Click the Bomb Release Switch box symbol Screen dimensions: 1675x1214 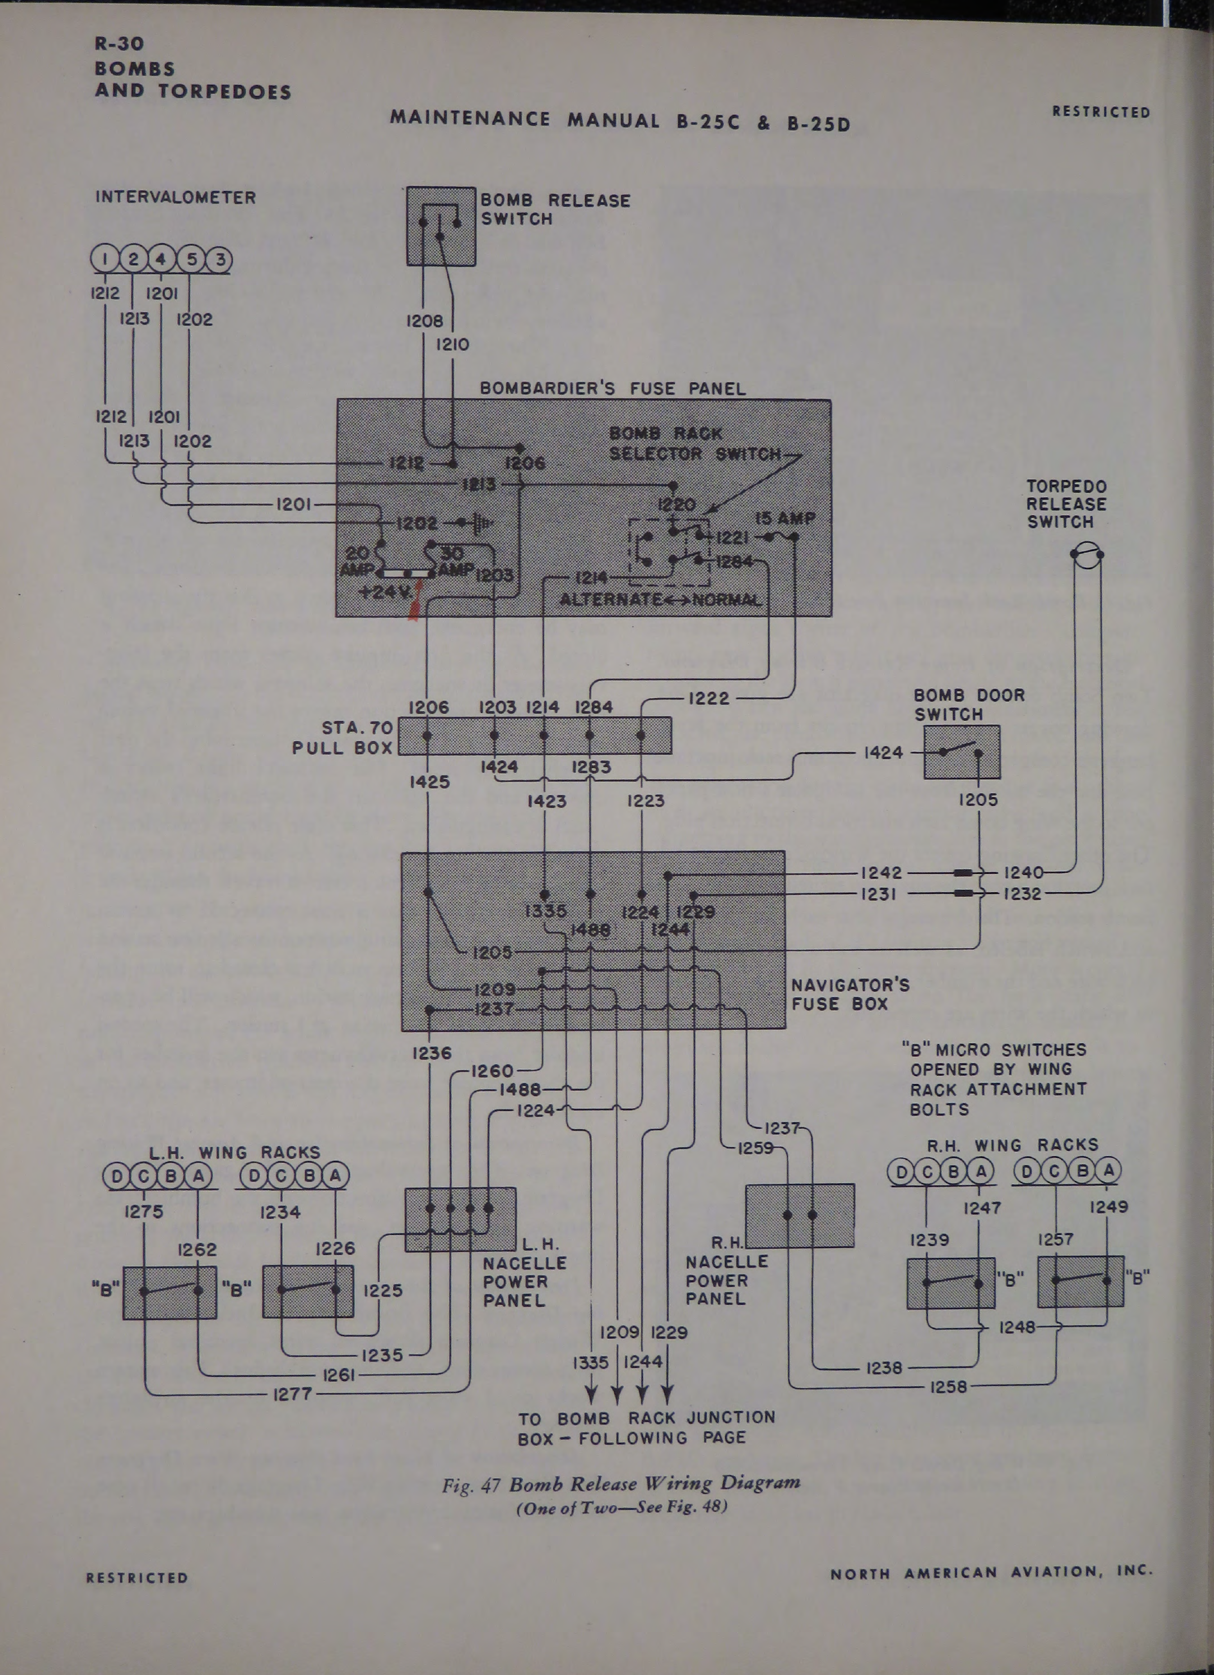[441, 226]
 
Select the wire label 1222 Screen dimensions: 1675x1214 [708, 698]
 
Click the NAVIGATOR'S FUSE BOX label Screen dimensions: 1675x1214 [850, 994]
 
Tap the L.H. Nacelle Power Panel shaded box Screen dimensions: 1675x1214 [460, 1218]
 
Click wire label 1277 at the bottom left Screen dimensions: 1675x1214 [293, 1394]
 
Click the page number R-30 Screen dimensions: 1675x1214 [119, 44]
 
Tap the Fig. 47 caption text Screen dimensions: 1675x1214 [621, 1484]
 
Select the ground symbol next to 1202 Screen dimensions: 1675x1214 [481, 523]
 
